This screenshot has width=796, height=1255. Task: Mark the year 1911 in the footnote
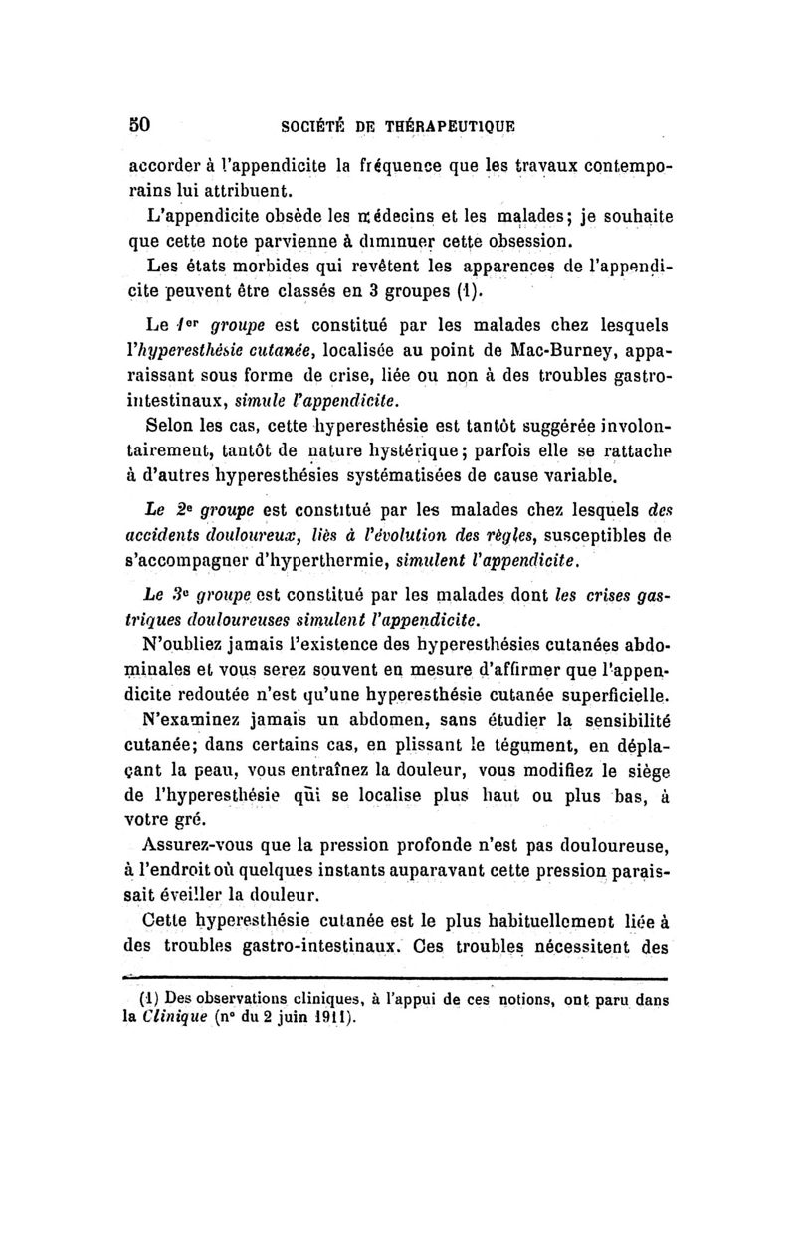(x=334, y=1018)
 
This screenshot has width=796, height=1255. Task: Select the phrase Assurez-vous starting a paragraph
(x=199, y=846)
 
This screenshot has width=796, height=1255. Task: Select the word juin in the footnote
(x=298, y=1018)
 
